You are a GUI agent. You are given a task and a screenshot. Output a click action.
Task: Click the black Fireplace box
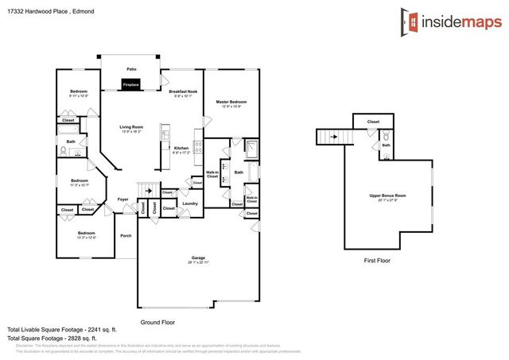click(x=131, y=84)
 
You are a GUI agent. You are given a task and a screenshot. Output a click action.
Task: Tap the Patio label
click(x=131, y=70)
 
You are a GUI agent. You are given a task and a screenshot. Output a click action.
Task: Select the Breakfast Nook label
click(x=184, y=92)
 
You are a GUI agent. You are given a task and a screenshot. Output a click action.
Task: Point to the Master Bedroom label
click(x=232, y=102)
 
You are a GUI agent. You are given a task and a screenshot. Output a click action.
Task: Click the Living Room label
click(x=131, y=127)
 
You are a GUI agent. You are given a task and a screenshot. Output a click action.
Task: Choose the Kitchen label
click(x=181, y=148)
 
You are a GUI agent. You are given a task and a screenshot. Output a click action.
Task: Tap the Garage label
click(x=198, y=258)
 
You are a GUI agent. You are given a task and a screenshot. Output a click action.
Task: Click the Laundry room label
click(x=189, y=203)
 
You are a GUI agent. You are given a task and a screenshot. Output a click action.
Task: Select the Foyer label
click(x=123, y=199)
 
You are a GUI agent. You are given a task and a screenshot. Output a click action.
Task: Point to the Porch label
click(x=126, y=235)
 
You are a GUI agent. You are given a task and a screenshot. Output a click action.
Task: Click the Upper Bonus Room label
click(x=388, y=195)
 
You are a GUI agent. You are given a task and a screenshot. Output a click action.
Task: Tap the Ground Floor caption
click(x=157, y=322)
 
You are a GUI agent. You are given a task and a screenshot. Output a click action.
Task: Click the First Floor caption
click(x=376, y=260)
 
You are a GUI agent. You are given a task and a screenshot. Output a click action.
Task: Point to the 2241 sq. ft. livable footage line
click(x=62, y=329)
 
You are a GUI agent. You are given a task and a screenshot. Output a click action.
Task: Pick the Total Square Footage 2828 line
click(x=62, y=339)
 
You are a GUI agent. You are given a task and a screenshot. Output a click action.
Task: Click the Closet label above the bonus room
click(x=374, y=122)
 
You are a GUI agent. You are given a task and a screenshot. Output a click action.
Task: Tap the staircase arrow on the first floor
click(x=332, y=137)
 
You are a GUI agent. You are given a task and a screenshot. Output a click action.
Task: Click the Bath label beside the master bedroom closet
click(x=239, y=172)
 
